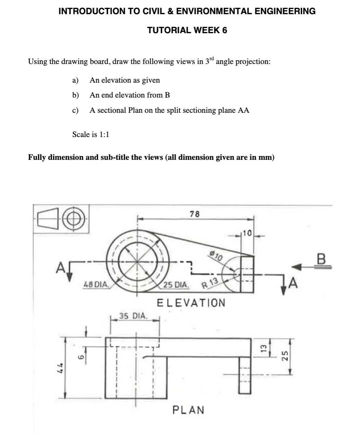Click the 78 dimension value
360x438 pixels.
coord(195,214)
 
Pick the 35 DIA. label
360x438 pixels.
coord(133,316)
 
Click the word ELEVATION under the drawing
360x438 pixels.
coord(191,303)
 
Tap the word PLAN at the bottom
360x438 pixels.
coord(188,410)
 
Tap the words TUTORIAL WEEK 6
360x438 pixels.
coord(187,30)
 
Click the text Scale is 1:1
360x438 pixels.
coord(91,135)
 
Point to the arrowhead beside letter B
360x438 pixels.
coord(296,266)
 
